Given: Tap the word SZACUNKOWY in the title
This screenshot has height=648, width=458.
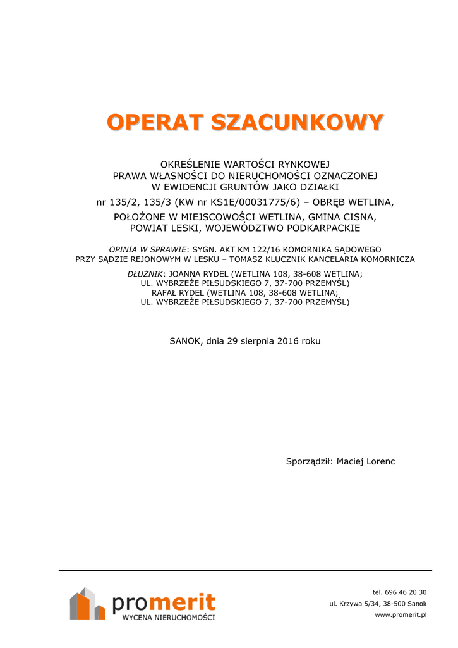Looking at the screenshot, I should [x=298, y=122].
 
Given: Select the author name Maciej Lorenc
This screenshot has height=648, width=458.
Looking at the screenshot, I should [x=366, y=461].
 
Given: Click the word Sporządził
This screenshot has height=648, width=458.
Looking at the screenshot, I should [x=309, y=461].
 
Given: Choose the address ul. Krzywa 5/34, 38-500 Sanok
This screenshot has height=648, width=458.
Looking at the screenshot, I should [x=378, y=603].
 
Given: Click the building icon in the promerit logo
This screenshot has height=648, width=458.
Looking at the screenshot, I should [x=87, y=604].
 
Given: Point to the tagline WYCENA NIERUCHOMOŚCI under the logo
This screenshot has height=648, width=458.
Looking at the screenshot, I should [x=168, y=617].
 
